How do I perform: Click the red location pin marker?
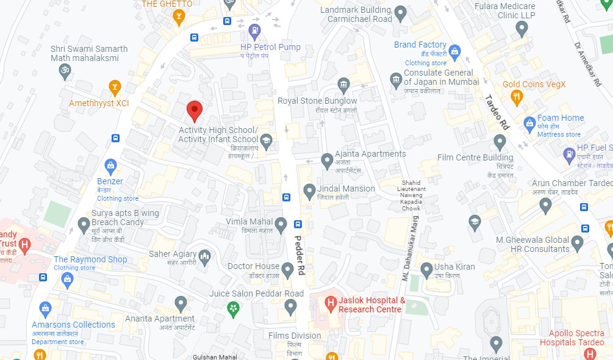(194, 110)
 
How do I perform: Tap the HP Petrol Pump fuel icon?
(255, 31)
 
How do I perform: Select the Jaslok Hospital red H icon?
(331, 302)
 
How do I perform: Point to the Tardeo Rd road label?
(496, 112)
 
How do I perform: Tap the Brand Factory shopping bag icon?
(454, 51)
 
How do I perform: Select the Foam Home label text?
(561, 118)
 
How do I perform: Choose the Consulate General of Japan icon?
(396, 79)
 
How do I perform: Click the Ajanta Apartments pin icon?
(327, 160)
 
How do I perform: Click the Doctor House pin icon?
(288, 268)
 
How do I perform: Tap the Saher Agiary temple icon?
(204, 255)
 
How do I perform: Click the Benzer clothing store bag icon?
(110, 165)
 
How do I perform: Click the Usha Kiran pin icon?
(426, 268)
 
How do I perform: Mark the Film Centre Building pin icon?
(500, 143)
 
